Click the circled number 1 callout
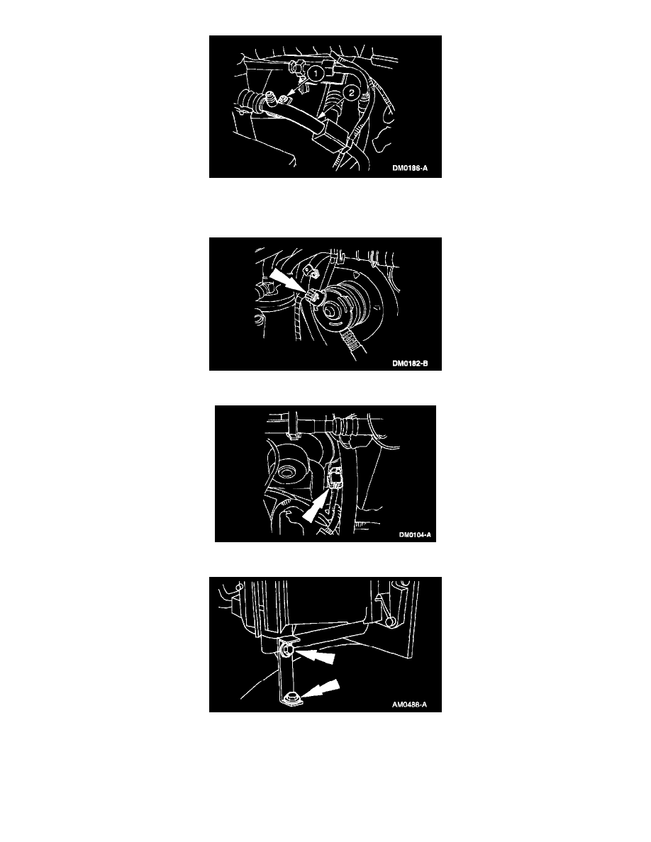point(317,72)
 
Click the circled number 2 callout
point(351,93)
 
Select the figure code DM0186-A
point(410,168)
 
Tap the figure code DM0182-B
point(410,364)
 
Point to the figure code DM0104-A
point(415,535)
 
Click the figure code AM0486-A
point(409,705)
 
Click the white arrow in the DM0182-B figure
point(288,282)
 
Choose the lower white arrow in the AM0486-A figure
point(320,690)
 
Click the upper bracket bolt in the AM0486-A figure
point(285,651)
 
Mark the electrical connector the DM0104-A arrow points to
point(335,476)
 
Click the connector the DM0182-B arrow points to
point(313,296)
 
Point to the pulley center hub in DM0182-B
point(333,310)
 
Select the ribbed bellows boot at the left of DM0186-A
point(247,101)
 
